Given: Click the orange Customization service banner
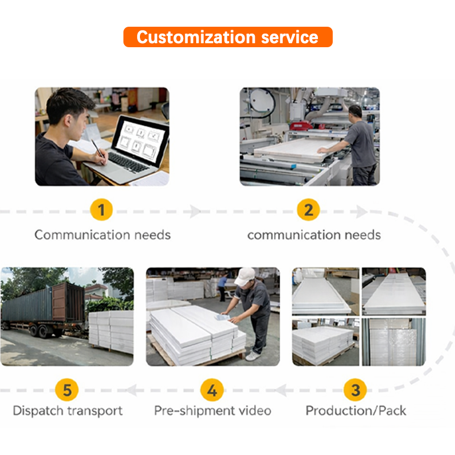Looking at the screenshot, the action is coord(227,38).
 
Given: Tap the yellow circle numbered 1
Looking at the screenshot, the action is coord(102,211).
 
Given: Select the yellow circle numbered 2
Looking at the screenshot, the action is coord(308,211).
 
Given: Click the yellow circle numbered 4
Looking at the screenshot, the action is coord(212,391).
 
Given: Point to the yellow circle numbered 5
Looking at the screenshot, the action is coord(68,391).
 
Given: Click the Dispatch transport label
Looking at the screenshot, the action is coord(68,411).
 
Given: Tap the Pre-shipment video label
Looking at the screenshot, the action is coord(212,411).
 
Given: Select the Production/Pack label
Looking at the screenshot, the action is coord(356,411).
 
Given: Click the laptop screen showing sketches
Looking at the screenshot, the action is coord(141,139).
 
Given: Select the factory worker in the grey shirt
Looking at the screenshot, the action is coord(360,142).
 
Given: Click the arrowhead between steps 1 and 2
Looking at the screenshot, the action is coord(196,212).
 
